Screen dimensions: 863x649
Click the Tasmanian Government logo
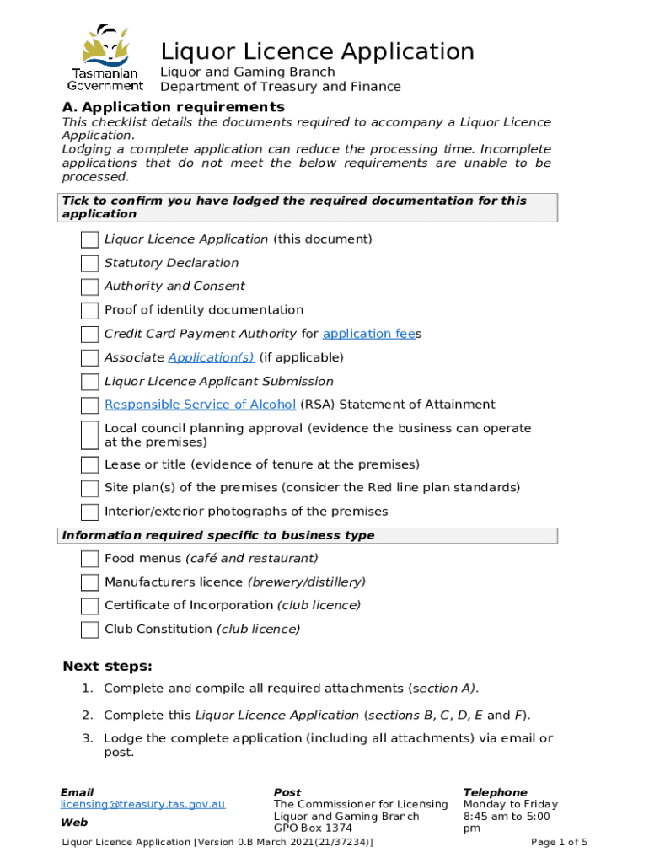pyautogui.click(x=105, y=57)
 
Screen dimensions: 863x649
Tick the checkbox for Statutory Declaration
pyautogui.click(x=89, y=264)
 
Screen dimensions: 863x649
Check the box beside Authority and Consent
pyautogui.click(x=89, y=287)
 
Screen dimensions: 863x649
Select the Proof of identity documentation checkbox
pyautogui.click(x=89, y=311)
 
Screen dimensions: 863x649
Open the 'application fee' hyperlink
pyautogui.click(x=368, y=334)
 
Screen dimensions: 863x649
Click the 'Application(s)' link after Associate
pyautogui.click(x=211, y=357)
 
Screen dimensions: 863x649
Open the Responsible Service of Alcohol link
pyautogui.click(x=200, y=405)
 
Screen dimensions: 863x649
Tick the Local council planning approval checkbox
pyautogui.click(x=89, y=435)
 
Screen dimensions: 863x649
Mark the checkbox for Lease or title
pyautogui.click(x=89, y=465)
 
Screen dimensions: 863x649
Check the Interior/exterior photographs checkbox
pyautogui.click(x=89, y=512)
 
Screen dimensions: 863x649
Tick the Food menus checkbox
pyautogui.click(x=89, y=559)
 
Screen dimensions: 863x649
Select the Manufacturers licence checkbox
pyautogui.click(x=89, y=582)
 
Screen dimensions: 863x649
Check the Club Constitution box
pyautogui.click(x=89, y=630)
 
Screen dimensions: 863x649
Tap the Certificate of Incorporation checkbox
pyautogui.click(x=89, y=606)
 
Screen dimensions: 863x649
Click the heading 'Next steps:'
pyautogui.click(x=107, y=667)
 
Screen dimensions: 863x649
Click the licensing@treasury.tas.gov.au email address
pyautogui.click(x=142, y=805)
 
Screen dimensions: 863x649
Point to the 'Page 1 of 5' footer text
pyautogui.click(x=559, y=842)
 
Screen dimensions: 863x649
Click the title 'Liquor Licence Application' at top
pyautogui.click(x=317, y=51)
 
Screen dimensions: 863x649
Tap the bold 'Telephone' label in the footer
pyautogui.click(x=495, y=792)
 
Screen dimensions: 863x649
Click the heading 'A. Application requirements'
pyautogui.click(x=174, y=107)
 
